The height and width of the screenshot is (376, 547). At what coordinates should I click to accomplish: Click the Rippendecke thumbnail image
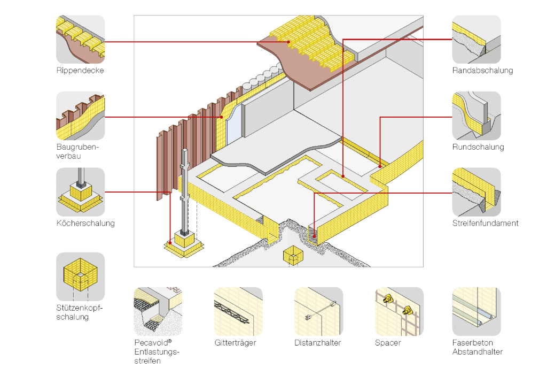(80, 39)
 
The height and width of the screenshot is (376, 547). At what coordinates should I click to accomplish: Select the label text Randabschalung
(482, 71)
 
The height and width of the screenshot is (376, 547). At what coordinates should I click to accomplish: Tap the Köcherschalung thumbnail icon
(80, 192)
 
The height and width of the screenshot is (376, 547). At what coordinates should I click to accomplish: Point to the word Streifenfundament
(485, 223)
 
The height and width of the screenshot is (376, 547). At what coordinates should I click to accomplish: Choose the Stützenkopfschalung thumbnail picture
(80, 277)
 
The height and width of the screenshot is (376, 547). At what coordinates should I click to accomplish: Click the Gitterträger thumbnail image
(238, 311)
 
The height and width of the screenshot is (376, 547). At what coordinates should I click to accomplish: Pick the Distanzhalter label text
(317, 343)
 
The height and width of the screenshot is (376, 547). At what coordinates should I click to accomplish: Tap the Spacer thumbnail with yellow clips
(399, 311)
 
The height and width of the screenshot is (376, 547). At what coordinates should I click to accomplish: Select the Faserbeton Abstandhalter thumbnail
(476, 311)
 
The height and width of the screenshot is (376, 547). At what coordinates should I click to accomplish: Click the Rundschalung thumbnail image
(476, 116)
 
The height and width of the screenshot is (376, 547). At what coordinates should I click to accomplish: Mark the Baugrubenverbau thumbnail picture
(80, 116)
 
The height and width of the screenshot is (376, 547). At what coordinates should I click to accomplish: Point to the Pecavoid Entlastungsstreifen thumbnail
(158, 311)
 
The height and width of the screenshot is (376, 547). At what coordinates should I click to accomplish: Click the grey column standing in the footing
(185, 193)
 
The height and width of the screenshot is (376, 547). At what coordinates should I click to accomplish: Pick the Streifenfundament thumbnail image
(476, 192)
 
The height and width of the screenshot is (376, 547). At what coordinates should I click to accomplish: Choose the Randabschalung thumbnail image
(476, 39)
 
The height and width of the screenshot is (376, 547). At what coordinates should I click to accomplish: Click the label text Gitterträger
(235, 343)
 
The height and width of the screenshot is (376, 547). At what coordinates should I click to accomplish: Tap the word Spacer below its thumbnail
(388, 343)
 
